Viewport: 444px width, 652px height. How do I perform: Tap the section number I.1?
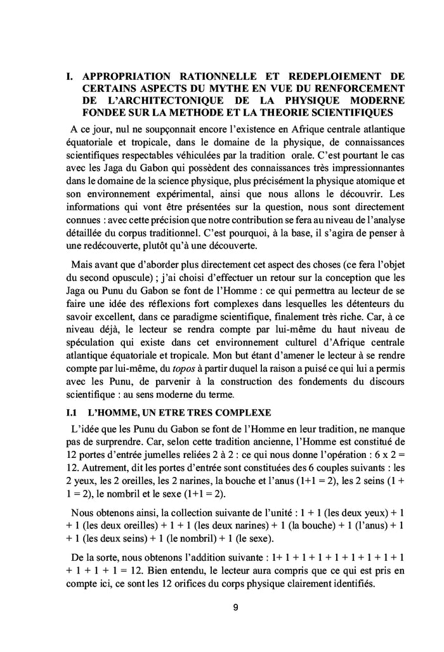(72, 395)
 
